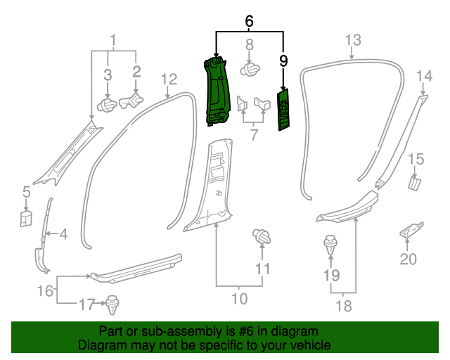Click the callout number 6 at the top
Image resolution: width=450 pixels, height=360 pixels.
click(249, 22)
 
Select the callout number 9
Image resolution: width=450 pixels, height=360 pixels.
click(283, 61)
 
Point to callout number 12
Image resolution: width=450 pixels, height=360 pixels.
click(169, 78)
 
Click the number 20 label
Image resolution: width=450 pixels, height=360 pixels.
click(409, 259)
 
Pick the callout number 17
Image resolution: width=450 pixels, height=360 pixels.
click(86, 304)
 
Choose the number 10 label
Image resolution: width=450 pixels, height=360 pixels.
click(239, 299)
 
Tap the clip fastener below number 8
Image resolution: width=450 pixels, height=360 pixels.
click(250, 70)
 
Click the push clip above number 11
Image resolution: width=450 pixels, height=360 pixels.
click(262, 238)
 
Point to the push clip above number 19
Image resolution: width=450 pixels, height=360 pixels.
click(331, 246)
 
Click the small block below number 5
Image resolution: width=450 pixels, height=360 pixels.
click(25, 218)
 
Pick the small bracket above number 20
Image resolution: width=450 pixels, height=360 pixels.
click(411, 231)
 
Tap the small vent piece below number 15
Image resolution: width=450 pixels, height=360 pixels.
click(414, 183)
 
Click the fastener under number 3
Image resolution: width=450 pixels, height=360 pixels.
click(108, 105)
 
